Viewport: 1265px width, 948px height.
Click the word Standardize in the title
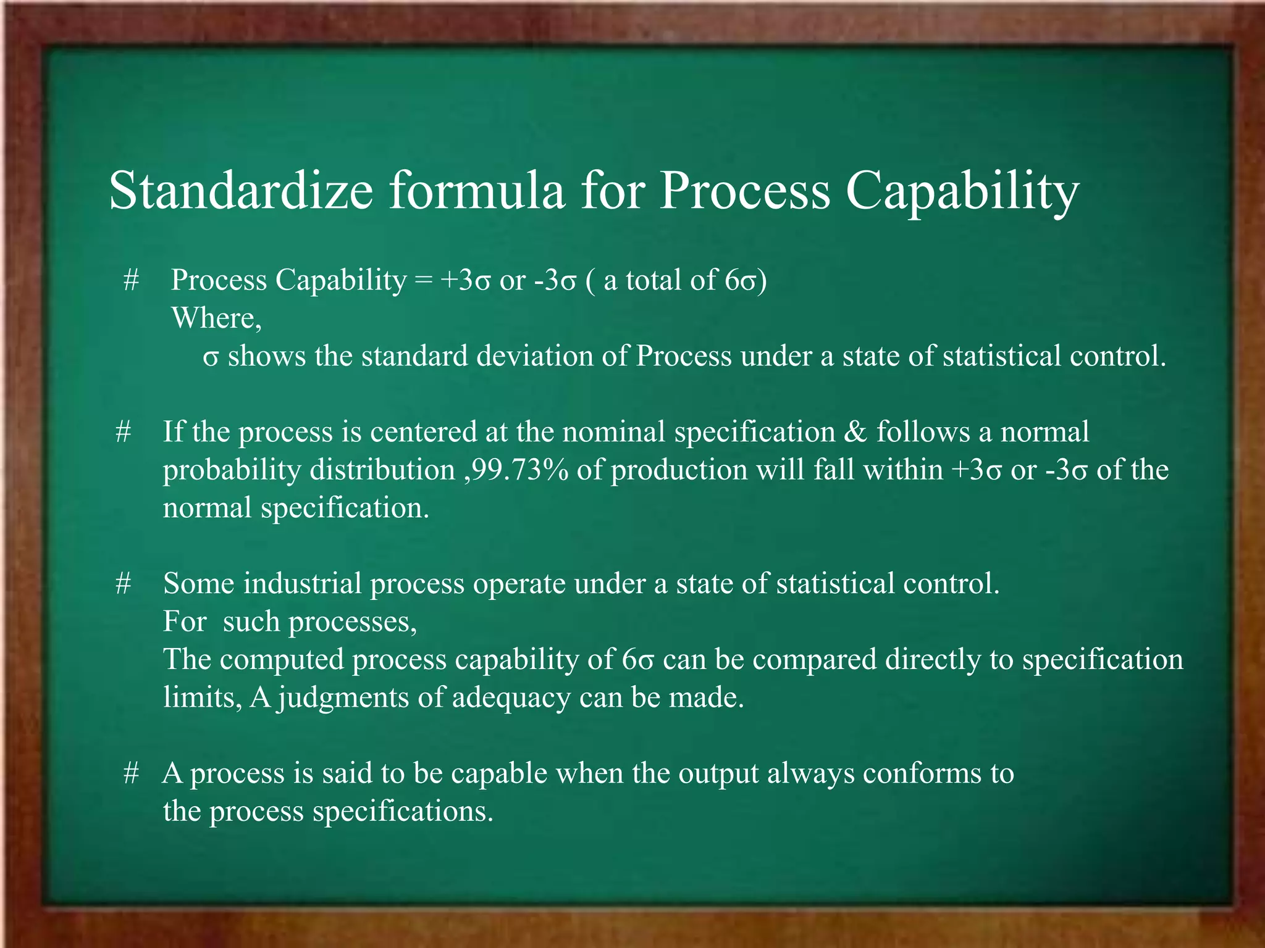pos(241,190)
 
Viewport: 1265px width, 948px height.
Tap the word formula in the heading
pos(476,190)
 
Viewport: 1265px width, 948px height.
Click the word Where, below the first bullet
pos(216,318)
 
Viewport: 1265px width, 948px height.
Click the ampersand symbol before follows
pos(855,431)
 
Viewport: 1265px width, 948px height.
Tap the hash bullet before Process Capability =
pos(130,280)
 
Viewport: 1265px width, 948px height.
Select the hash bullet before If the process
pos(123,431)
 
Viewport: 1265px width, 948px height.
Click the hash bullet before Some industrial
pos(123,583)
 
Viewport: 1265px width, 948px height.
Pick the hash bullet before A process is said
pos(130,773)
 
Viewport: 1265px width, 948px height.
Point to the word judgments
pos(343,699)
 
